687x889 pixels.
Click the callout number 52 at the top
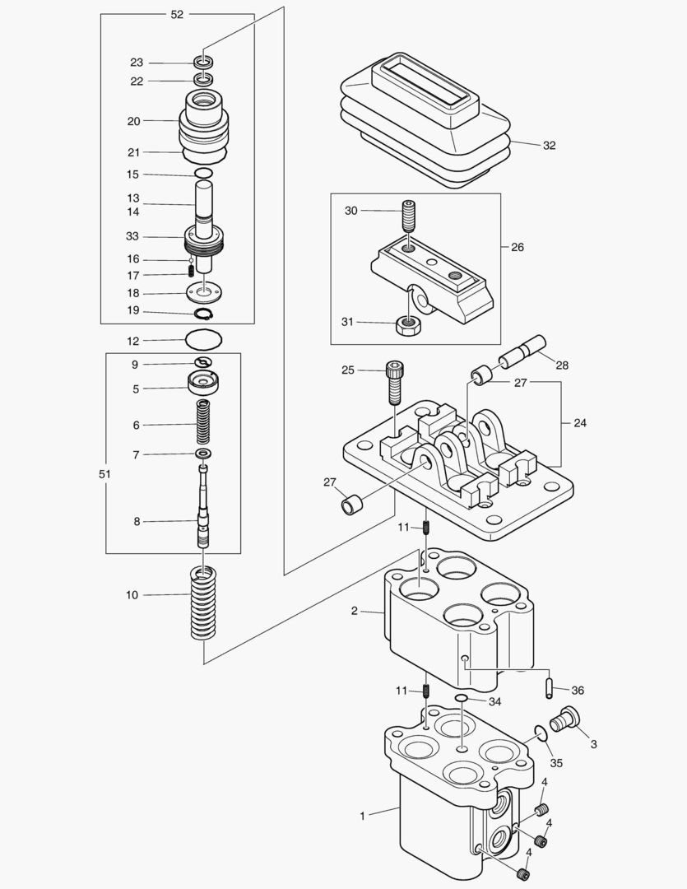(177, 15)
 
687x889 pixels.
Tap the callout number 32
(550, 146)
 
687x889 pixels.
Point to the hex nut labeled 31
(408, 323)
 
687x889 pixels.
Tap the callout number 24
(581, 423)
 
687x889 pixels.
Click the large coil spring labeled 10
(203, 605)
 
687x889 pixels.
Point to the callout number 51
(104, 474)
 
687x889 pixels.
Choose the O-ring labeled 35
(540, 733)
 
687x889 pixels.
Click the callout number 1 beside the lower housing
(362, 816)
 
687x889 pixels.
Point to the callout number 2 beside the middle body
(354, 611)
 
